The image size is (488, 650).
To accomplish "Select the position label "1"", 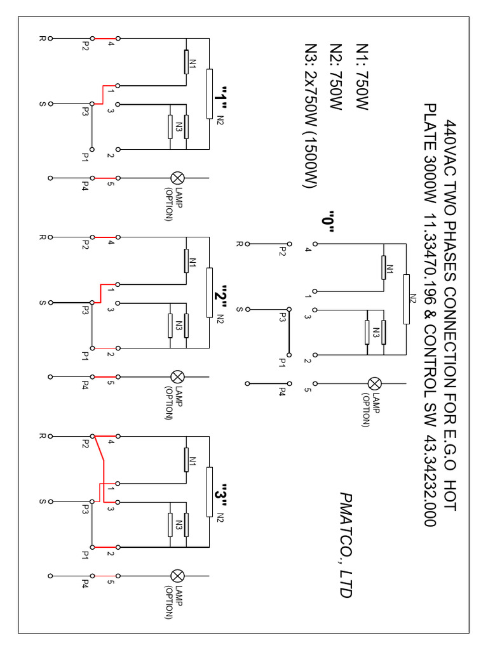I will (220, 97).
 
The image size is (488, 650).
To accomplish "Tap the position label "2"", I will (220, 296).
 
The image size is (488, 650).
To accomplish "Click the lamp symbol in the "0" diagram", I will (375, 383).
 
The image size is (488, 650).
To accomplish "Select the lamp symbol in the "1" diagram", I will (178, 178).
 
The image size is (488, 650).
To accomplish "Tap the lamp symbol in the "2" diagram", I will (178, 377).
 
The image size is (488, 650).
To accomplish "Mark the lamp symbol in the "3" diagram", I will (178, 576).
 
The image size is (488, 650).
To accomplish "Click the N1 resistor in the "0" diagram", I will (383, 267).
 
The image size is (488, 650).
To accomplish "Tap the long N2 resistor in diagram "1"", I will (209, 94).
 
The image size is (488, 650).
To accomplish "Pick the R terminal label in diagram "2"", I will (43, 237).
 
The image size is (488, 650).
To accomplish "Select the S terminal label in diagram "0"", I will (240, 309).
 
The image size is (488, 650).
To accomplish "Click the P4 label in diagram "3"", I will (85, 582).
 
